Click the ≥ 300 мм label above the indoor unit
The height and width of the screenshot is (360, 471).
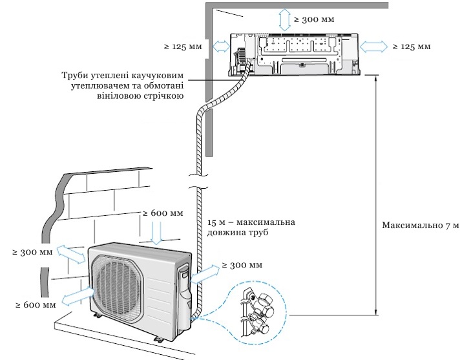point(314,19)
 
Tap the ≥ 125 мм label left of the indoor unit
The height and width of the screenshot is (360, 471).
point(183,47)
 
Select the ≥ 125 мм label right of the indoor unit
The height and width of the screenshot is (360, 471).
point(412,47)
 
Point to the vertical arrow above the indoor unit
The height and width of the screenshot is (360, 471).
point(284,19)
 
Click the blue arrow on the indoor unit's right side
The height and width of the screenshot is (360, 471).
point(373,47)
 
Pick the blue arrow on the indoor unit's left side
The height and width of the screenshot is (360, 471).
point(221,47)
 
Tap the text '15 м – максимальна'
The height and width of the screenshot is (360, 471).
point(251,222)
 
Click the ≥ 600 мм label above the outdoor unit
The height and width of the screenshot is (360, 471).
point(163,213)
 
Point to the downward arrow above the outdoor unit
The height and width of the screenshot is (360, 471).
point(156,233)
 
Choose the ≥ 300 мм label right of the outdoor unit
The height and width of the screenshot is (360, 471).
point(242,265)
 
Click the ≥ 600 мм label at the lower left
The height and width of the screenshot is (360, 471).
point(36,304)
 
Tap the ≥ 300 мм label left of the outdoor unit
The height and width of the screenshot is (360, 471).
point(32,252)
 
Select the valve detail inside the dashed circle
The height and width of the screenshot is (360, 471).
point(257,311)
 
